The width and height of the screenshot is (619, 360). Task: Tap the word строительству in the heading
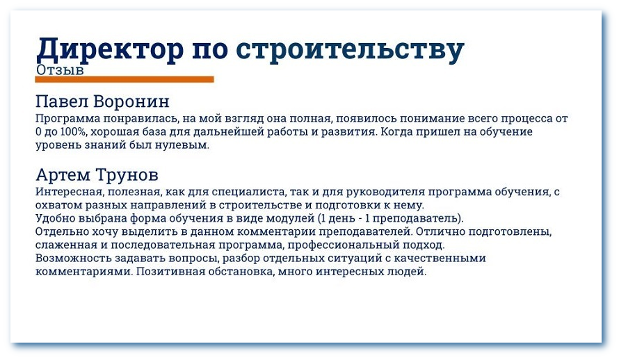point(350,49)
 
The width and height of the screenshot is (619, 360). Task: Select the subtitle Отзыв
point(59,70)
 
